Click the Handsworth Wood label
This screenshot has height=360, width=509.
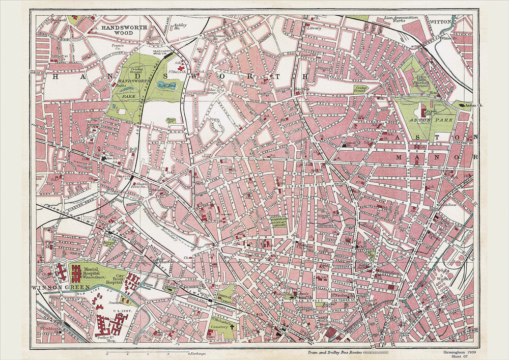pos(117,29)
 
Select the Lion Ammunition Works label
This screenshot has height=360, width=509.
pos(401,19)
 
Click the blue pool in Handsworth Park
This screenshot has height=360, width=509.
pos(165,86)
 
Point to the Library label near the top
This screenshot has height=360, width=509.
pos(314,29)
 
